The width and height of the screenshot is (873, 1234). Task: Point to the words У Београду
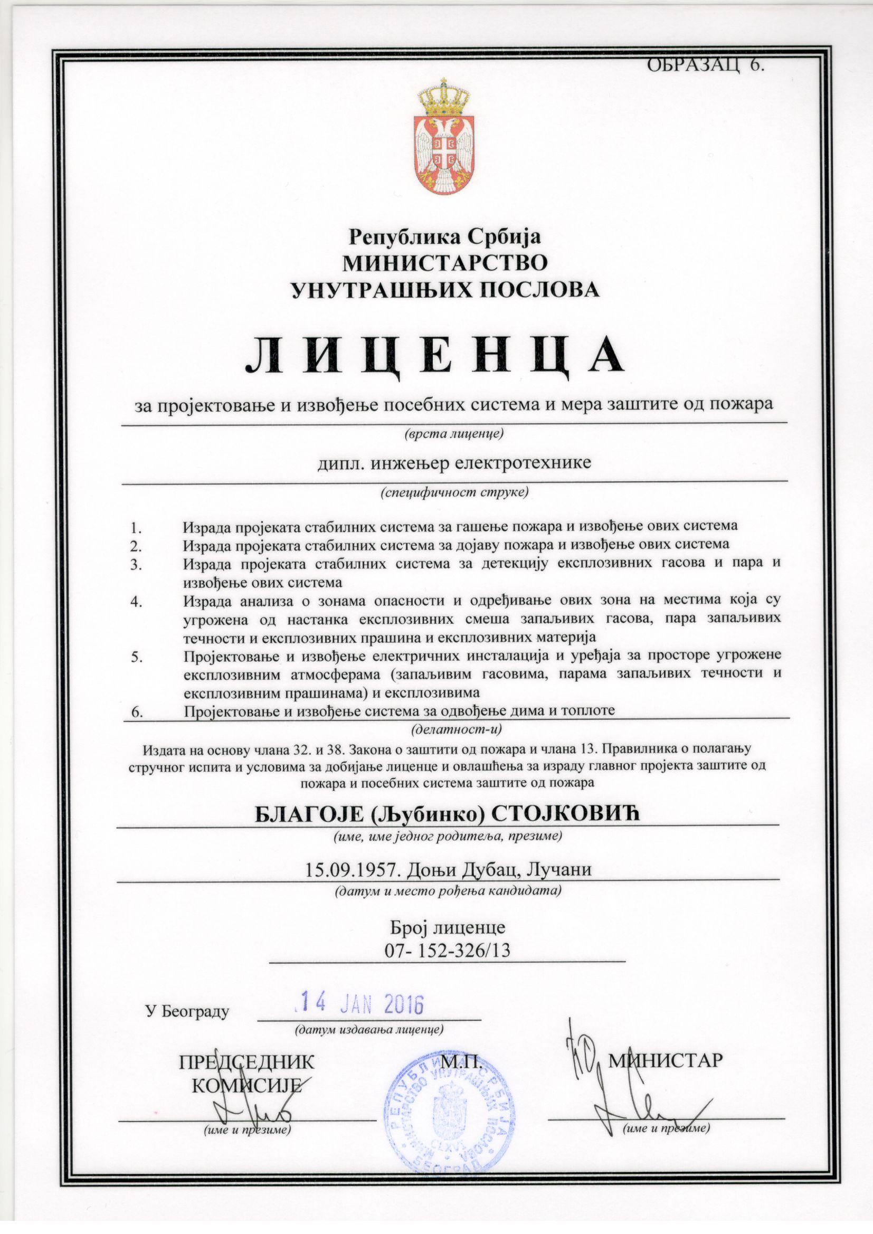(187, 1012)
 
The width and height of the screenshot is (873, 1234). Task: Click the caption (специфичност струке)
(454, 491)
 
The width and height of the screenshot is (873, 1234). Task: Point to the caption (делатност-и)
(453, 730)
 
